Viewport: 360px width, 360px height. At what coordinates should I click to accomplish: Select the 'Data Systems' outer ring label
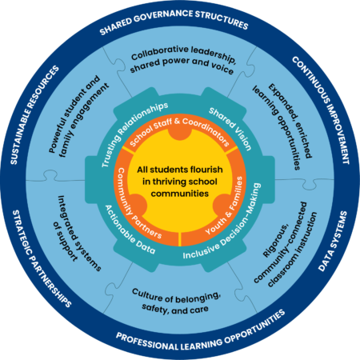pos(334,242)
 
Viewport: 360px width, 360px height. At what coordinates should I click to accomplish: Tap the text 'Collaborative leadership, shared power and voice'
pos(183,60)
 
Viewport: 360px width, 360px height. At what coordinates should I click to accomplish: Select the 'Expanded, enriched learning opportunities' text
pos(282,126)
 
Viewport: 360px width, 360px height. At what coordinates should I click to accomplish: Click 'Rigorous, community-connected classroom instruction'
pos(286,244)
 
